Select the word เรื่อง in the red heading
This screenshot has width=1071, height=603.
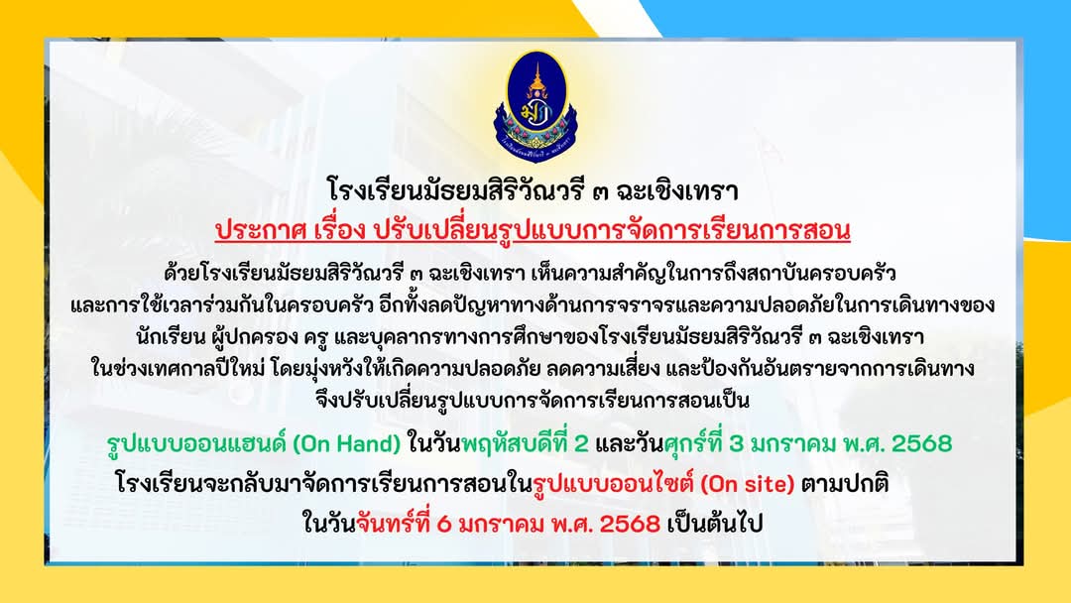click(335, 231)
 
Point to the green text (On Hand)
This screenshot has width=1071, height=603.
click(346, 444)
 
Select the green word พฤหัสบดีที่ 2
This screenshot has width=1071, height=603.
click(525, 444)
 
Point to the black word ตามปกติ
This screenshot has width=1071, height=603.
click(845, 485)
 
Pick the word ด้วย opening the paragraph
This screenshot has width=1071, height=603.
click(180, 274)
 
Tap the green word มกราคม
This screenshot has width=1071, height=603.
click(792, 444)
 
